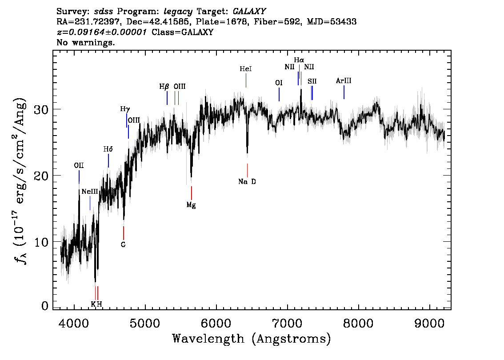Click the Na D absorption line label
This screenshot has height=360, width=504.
coord(247,182)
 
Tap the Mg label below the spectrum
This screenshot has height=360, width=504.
coord(191,205)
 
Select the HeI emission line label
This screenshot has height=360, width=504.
coord(246,69)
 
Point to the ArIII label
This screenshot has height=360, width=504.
coord(344,81)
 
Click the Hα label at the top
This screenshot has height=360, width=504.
coord(299,60)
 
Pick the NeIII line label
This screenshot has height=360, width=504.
coord(90,192)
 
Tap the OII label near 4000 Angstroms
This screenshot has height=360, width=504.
coord(79,166)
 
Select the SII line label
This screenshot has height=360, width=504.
coord(312,81)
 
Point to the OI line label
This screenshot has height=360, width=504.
coord(279,83)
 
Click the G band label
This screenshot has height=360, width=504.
coord(123,244)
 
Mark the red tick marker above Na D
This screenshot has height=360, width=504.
coord(247,170)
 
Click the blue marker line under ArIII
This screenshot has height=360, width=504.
coord(344,92)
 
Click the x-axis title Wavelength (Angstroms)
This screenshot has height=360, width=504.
coord(252,339)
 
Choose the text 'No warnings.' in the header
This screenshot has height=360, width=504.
coord(86,43)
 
